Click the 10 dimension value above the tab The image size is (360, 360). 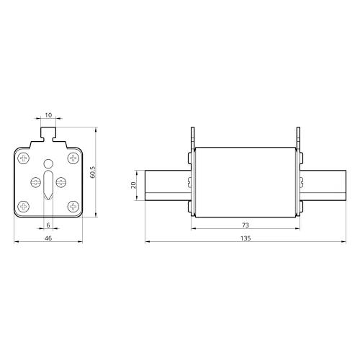tap(48, 115)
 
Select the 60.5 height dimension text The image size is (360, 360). tap(93, 172)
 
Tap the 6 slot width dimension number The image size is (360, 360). tap(48, 225)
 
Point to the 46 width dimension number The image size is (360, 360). tap(48, 238)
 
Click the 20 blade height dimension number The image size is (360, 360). tap(133, 185)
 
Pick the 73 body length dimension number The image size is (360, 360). tap(246, 225)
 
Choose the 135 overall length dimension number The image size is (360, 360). tap(246, 238)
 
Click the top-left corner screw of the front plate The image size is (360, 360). tap(24, 158)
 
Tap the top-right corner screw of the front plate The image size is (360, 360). tap(73, 158)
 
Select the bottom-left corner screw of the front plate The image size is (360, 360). tap(24, 206)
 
